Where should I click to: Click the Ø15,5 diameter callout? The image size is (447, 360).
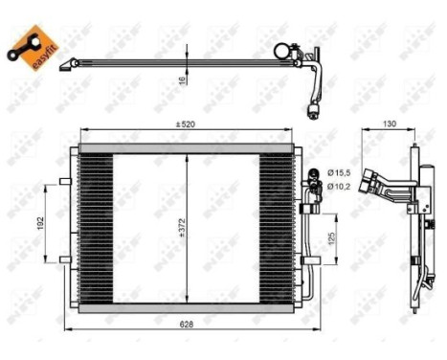pyautogui.click(x=340, y=171)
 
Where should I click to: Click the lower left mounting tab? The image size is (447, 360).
pyautogui.click(x=63, y=259)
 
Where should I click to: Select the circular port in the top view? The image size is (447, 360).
pyautogui.click(x=281, y=50)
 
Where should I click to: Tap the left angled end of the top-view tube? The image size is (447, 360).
pyautogui.click(x=65, y=66)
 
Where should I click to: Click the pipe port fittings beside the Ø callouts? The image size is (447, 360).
pyautogui.click(x=312, y=178)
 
